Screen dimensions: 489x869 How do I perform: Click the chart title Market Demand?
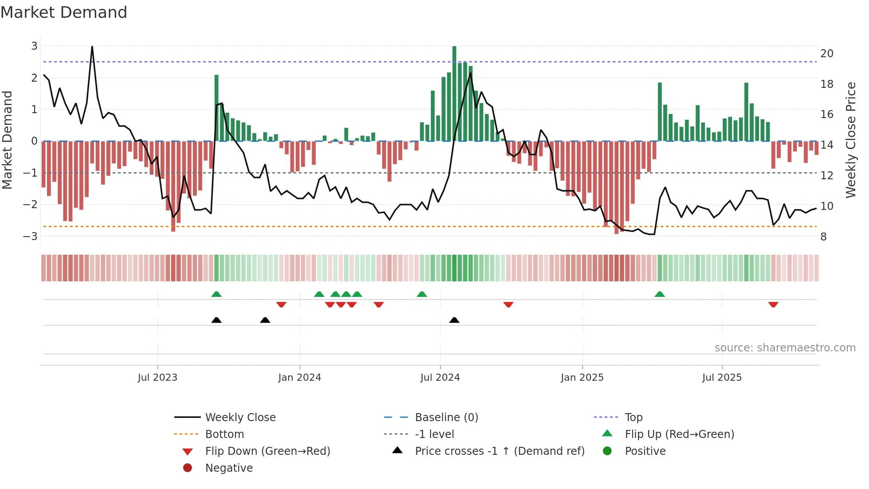(64, 12)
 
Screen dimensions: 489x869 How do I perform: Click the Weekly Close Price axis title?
(850, 140)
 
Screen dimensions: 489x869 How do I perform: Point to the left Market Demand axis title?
(7, 140)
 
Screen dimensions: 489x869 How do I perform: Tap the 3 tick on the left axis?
(34, 46)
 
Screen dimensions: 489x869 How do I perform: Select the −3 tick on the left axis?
(31, 236)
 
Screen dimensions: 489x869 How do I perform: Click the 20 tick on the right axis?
(826, 54)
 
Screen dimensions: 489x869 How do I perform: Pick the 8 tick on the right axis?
(823, 237)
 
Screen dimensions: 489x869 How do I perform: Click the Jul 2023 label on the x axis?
(157, 378)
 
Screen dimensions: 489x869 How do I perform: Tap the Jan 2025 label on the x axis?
(582, 378)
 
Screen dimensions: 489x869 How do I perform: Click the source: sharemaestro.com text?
(785, 348)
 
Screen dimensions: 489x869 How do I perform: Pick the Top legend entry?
(634, 418)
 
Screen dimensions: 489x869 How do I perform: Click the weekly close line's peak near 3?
(92, 47)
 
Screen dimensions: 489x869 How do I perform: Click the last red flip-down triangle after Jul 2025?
(773, 305)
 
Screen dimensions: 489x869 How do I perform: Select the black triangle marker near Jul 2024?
(454, 320)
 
